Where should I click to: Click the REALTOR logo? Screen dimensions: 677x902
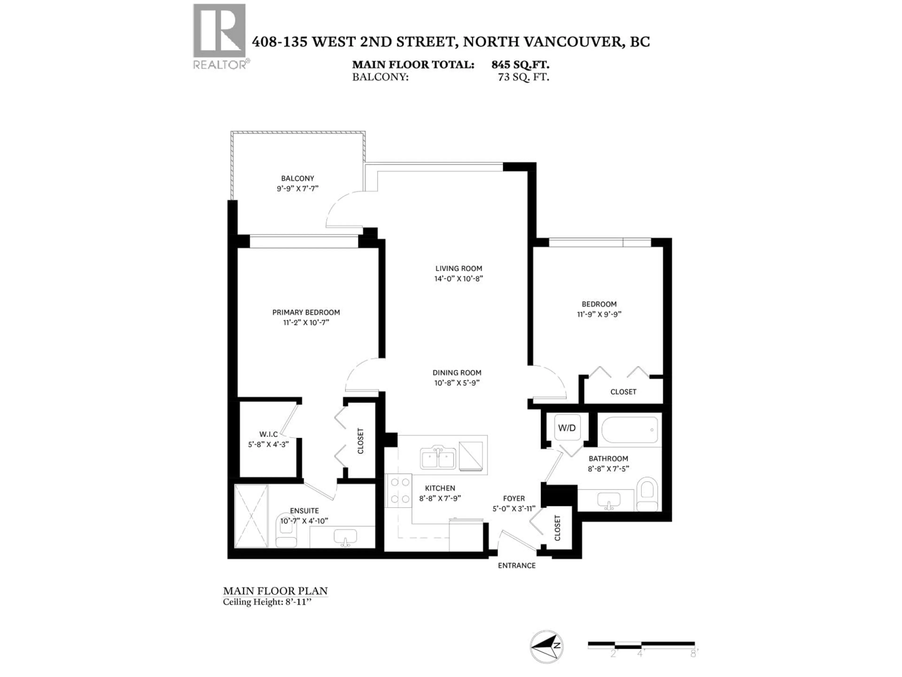219,36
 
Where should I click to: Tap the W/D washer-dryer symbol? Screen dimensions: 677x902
567,428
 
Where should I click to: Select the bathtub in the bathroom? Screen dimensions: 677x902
629,430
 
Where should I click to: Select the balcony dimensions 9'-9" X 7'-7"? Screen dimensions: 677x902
297,189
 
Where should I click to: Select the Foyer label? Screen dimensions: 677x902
514,498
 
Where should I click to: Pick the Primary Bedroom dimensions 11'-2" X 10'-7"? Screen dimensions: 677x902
306,322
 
